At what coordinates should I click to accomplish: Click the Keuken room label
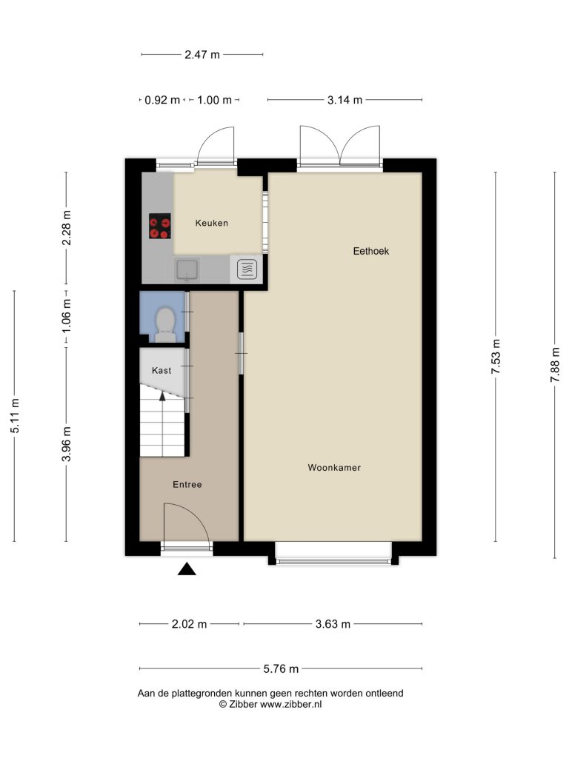211,223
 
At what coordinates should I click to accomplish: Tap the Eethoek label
371,251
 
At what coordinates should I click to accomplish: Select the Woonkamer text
334,468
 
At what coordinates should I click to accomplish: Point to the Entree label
187,484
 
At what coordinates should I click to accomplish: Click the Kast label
162,370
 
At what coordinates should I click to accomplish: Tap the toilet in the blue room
165,324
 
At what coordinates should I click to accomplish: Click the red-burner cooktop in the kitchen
160,226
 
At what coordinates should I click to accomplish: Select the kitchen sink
187,269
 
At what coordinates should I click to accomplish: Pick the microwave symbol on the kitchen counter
247,269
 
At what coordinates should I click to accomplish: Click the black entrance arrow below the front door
187,569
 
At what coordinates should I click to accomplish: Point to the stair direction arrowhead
162,396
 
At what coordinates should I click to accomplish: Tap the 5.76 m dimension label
281,668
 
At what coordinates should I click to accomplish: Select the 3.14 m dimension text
345,100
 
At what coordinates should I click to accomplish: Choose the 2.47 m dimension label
202,55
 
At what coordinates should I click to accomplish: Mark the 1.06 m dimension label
66,315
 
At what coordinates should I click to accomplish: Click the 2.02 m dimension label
189,624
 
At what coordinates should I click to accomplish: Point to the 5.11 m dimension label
15,416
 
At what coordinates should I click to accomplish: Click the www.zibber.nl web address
290,705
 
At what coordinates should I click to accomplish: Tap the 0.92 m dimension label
162,100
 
